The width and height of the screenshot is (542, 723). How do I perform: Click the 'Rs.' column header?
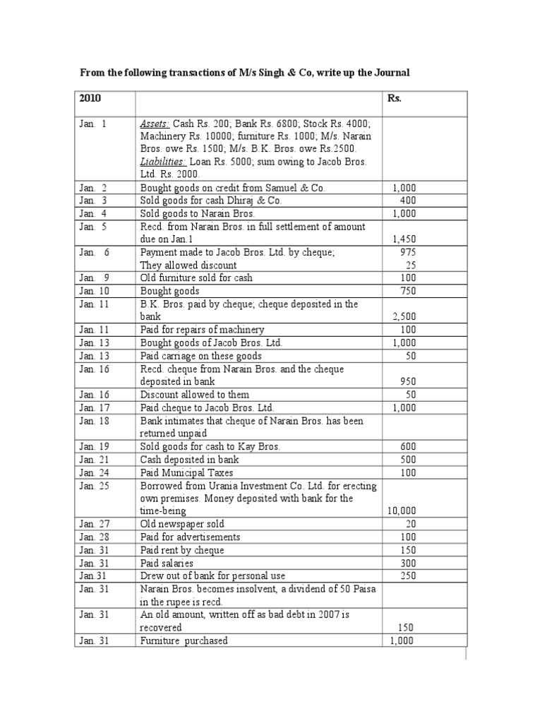click(394, 98)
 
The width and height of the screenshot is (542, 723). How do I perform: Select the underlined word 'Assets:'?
click(155, 124)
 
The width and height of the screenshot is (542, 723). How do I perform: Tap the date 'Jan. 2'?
click(93, 188)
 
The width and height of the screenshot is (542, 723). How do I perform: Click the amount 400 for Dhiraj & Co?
click(407, 201)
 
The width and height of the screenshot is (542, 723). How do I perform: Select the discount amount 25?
click(410, 265)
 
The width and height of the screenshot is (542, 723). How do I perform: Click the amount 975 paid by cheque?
click(408, 252)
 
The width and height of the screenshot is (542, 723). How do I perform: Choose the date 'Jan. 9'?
click(94, 278)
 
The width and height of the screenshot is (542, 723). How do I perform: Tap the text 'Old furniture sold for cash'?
click(196, 278)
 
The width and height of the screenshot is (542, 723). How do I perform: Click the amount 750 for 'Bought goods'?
click(407, 291)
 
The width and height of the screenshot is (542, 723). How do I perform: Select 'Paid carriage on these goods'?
click(200, 356)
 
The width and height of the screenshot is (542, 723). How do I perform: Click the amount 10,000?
click(401, 510)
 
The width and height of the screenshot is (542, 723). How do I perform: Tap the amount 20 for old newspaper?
click(410, 524)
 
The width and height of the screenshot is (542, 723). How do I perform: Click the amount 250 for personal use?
click(407, 576)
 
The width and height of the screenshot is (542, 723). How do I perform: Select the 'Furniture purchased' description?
click(184, 640)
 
